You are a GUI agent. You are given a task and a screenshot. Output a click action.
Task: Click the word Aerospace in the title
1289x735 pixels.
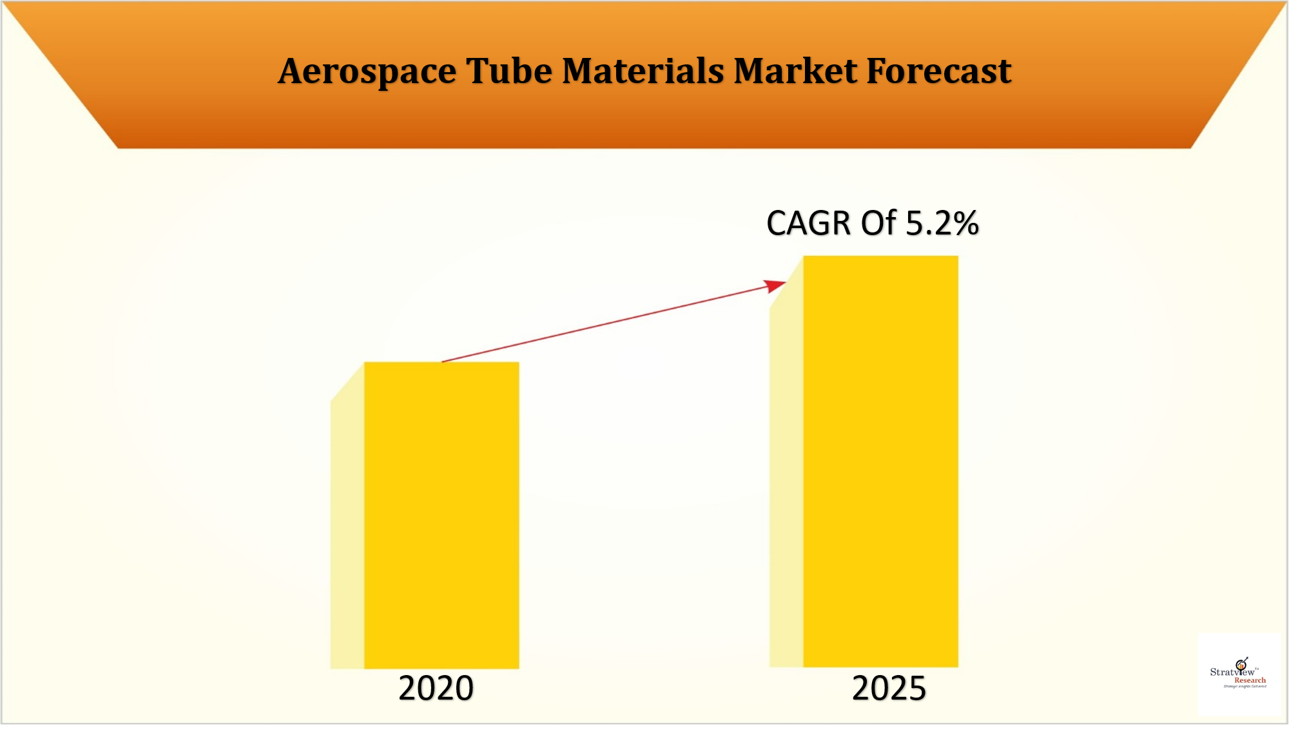pos(367,71)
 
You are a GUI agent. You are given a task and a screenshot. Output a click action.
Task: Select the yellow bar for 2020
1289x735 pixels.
pos(441,515)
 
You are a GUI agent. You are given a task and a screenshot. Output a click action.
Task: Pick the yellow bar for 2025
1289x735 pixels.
pos(880,461)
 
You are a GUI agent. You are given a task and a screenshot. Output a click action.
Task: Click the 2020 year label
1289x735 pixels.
pos(436,688)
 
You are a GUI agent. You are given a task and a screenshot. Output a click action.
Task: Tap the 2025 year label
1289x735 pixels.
pos(889,688)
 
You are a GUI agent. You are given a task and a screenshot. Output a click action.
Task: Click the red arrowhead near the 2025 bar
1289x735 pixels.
pos(775,285)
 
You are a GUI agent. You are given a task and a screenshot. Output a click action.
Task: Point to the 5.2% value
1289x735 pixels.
pos(942,224)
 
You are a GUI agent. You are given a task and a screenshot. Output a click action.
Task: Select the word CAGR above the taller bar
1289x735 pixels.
pos(809,224)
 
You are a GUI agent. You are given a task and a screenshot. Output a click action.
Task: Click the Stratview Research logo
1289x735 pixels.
pos(1239,674)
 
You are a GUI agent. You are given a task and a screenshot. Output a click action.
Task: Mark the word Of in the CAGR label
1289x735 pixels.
pos(879,224)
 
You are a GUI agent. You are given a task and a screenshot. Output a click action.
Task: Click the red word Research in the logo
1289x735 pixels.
pos(1250,680)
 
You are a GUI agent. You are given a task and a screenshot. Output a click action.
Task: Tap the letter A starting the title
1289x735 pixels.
pos(291,71)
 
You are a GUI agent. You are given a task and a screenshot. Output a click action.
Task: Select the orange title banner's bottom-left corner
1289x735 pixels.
pos(119,148)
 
